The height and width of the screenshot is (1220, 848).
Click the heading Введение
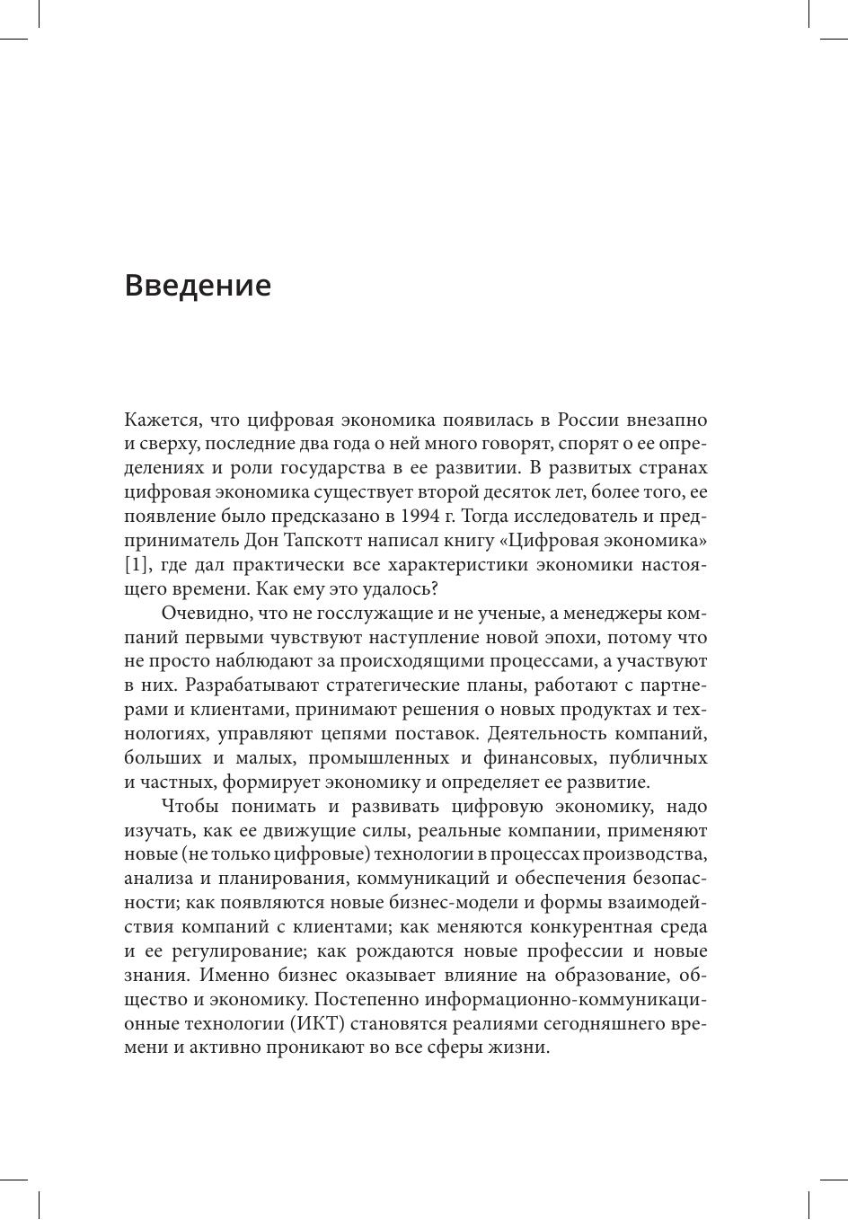click(x=198, y=285)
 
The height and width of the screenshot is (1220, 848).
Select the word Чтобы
click(x=190, y=807)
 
